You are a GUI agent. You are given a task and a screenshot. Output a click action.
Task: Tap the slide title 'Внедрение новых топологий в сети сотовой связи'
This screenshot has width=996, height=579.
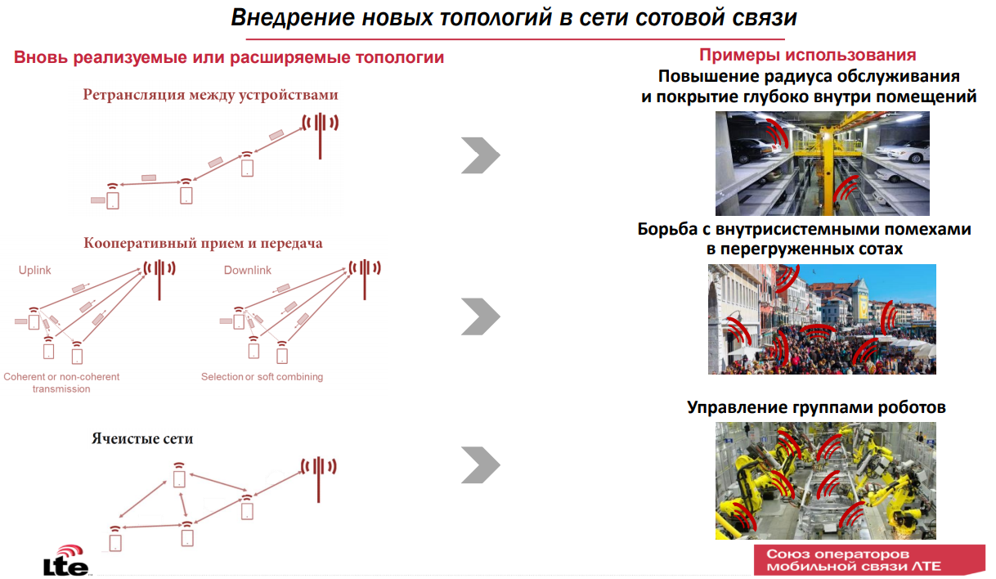pos(514,18)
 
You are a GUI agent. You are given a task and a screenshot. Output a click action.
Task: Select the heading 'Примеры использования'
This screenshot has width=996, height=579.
pos(807,56)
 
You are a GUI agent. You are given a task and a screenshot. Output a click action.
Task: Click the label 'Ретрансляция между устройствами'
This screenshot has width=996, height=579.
pos(210,95)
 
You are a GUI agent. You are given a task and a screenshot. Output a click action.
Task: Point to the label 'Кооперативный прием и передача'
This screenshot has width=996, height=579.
pos(203,243)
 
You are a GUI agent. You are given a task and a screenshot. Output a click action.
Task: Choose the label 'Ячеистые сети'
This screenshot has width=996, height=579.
pos(142,438)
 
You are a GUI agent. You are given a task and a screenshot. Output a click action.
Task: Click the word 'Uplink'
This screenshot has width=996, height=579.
pos(34,270)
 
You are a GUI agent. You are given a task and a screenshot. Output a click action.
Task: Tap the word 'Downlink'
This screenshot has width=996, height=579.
pos(247,270)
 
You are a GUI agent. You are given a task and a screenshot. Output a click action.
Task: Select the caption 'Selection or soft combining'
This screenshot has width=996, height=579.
pos(262,377)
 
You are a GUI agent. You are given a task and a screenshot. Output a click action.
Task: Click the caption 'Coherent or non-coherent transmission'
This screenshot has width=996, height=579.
pos(61,383)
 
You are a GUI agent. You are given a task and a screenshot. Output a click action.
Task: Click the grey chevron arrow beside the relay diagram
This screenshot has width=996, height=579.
pos(480,155)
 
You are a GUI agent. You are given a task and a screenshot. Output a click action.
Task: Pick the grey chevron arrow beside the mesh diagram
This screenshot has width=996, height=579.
pos(480,465)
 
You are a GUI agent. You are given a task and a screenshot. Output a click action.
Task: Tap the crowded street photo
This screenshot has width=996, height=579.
pos(822,319)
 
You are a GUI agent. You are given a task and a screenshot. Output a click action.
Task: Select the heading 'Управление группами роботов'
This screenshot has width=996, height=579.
pos(816,406)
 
